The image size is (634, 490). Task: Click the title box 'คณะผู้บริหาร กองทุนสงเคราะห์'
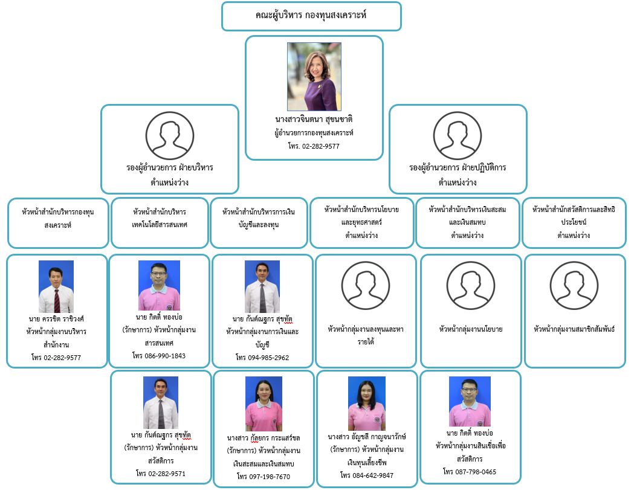click(311, 16)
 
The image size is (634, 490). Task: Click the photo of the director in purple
click(314, 76)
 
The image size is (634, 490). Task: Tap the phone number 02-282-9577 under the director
click(314, 146)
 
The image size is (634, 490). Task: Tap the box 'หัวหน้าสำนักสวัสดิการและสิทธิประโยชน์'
click(574, 223)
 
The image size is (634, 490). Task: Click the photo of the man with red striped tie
click(56, 286)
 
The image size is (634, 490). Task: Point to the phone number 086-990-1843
click(159, 356)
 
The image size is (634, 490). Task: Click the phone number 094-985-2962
click(262, 358)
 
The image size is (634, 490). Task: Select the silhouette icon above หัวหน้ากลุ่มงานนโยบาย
click(471, 286)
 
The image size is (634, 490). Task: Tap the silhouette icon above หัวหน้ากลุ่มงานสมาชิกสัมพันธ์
click(574, 286)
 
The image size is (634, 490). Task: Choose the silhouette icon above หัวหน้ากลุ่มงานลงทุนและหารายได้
click(366, 286)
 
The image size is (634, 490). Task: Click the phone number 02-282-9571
click(161, 474)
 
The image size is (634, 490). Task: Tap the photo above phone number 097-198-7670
click(264, 403)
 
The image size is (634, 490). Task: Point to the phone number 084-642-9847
click(366, 475)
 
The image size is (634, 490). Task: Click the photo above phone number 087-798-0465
click(470, 401)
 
